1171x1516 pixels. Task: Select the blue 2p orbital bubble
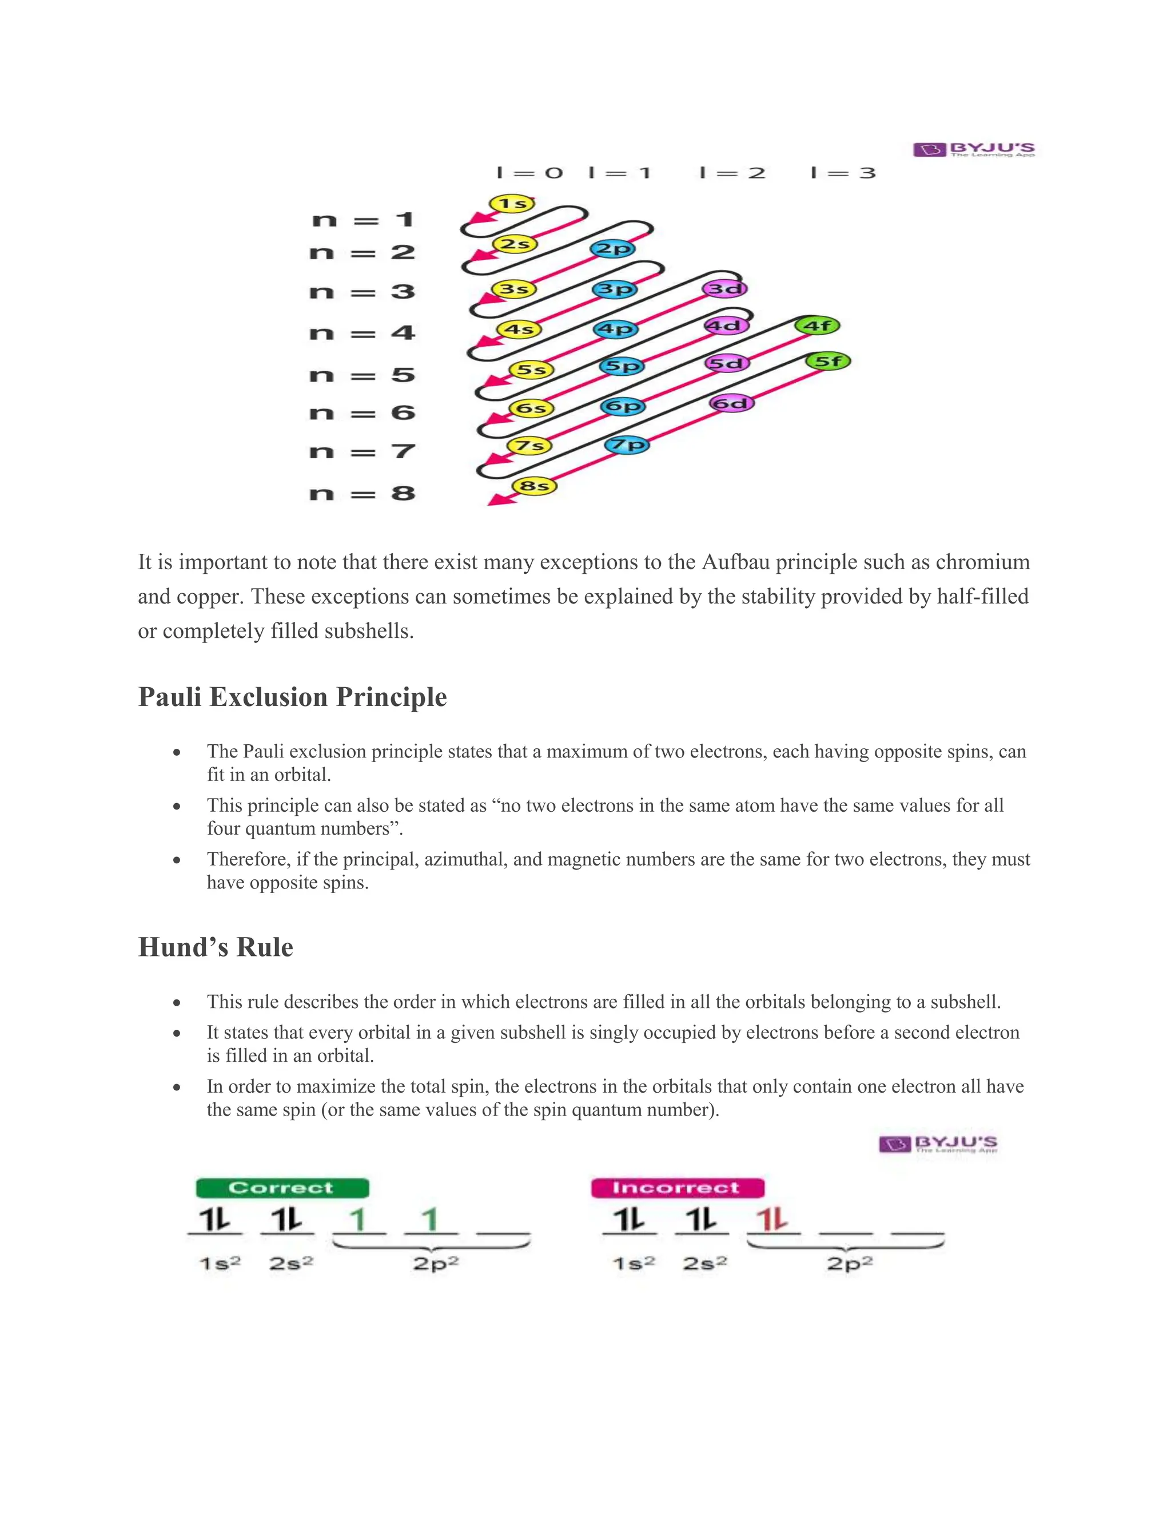click(612, 248)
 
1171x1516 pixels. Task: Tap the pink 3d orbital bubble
click(725, 288)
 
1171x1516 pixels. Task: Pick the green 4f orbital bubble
click(817, 325)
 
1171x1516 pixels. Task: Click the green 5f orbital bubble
click(827, 362)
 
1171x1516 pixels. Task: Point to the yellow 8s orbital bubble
click(534, 486)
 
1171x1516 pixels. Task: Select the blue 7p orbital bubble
click(627, 445)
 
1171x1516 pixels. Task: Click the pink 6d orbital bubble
click(732, 403)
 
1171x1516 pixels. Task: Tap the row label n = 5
click(362, 375)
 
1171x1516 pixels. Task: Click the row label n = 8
click(362, 494)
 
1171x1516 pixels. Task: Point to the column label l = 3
click(843, 173)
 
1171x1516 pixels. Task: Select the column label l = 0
click(530, 173)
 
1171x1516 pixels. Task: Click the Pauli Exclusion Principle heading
click(292, 697)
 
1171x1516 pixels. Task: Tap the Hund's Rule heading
click(216, 947)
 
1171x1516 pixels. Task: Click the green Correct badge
click(282, 1188)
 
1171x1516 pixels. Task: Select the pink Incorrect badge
click(677, 1188)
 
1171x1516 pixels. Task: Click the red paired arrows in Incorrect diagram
click(772, 1220)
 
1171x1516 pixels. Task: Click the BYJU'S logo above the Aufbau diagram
click(973, 149)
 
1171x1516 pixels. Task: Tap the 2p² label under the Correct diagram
click(436, 1263)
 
